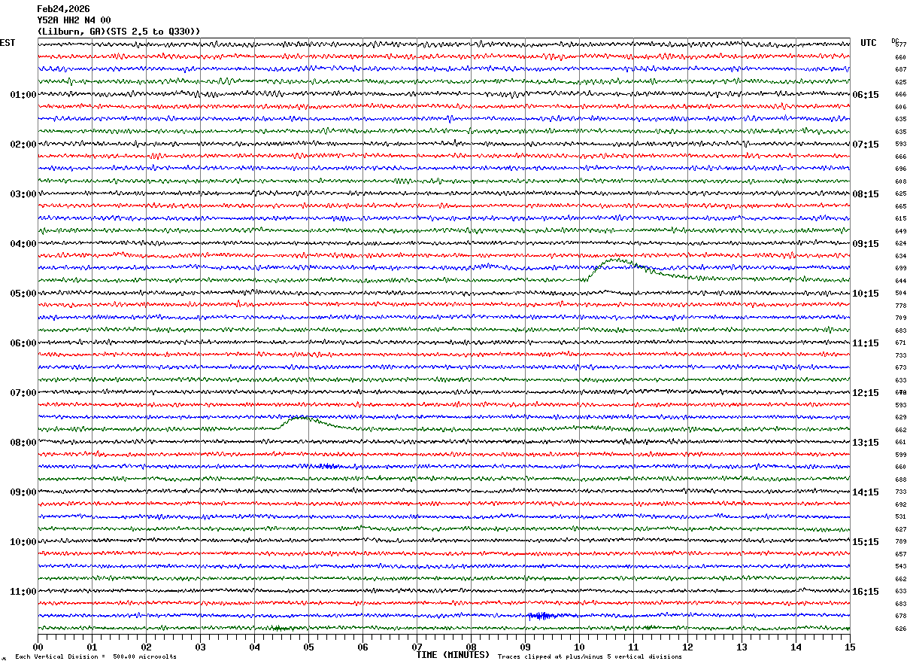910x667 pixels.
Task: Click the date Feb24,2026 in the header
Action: coord(63,9)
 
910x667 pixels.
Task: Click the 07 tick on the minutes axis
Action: coord(417,647)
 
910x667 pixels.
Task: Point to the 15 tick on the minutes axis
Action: coord(850,647)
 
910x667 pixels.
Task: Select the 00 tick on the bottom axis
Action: coord(38,647)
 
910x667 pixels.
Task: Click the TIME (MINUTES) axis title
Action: coord(453,655)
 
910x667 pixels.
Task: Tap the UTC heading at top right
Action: coord(869,43)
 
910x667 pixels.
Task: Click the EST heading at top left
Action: coord(8,43)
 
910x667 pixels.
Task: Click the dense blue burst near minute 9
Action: coord(541,616)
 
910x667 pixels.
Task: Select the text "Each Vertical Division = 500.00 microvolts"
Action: coord(96,656)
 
